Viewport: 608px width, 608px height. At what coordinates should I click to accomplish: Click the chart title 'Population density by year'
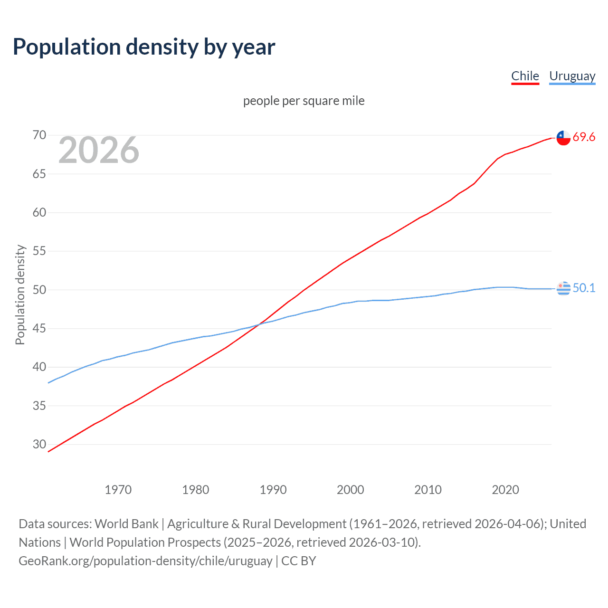[x=144, y=47]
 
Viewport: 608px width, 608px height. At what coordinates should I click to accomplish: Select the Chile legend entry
[x=525, y=76]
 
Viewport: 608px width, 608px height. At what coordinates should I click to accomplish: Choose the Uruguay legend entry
[x=572, y=76]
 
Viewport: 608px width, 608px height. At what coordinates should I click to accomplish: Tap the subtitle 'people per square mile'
[x=304, y=101]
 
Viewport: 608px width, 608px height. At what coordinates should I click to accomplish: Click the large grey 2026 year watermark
[x=99, y=150]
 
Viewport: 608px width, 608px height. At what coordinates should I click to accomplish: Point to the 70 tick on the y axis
[x=39, y=135]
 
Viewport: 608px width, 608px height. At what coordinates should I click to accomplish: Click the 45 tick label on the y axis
[x=39, y=329]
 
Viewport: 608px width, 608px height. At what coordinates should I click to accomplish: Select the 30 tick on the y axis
[x=39, y=445]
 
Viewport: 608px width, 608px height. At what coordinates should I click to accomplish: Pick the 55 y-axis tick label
[x=39, y=251]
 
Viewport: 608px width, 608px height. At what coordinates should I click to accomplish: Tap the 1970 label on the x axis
[x=118, y=490]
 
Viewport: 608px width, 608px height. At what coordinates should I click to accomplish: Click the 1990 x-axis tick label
[x=273, y=490]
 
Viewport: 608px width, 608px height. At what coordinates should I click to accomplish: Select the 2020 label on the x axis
[x=505, y=490]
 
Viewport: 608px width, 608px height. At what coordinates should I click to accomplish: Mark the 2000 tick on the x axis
[x=351, y=490]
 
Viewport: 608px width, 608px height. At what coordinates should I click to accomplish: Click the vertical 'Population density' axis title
[x=20, y=294]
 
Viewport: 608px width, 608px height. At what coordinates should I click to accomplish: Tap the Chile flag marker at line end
[x=563, y=138]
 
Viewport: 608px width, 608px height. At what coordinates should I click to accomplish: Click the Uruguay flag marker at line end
[x=563, y=288]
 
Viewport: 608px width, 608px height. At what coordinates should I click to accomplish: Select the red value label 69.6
[x=584, y=137]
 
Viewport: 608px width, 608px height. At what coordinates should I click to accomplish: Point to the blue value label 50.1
[x=584, y=288]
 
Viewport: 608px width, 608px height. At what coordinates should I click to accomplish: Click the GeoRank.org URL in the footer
[x=145, y=561]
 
